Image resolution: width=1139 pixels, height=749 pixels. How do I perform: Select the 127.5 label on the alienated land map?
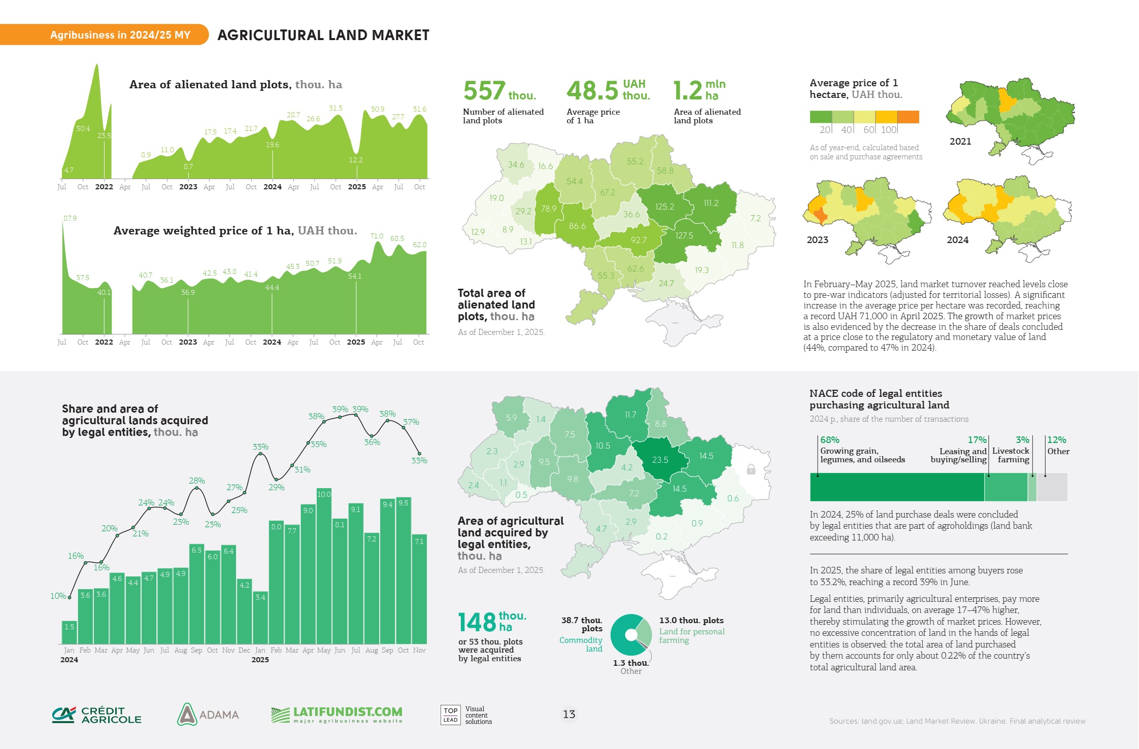[x=684, y=235]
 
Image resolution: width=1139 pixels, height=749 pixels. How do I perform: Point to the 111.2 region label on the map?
[x=711, y=203]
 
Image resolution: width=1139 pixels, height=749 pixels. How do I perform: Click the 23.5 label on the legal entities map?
[x=660, y=460]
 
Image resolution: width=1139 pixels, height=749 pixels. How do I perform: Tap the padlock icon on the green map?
[x=751, y=469]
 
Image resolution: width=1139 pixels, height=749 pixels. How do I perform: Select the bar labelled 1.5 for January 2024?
[x=70, y=632]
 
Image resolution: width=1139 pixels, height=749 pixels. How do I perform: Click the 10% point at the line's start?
[x=70, y=597]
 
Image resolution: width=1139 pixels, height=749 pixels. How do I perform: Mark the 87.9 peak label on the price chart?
[x=70, y=218]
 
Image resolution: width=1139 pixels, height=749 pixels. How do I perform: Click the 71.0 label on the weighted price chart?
[x=377, y=236]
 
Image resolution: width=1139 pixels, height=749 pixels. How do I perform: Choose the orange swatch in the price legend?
[x=908, y=117]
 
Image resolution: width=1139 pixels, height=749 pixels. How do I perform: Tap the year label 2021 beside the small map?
[x=960, y=142]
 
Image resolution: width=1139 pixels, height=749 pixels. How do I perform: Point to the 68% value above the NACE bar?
[x=830, y=440]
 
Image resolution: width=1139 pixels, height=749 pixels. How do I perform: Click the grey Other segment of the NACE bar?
[x=1052, y=487]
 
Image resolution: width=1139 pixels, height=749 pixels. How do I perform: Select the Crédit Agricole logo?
[x=97, y=714]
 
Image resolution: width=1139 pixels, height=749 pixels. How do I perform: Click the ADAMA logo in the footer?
[x=208, y=714]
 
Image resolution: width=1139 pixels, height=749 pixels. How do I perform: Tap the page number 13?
[x=569, y=714]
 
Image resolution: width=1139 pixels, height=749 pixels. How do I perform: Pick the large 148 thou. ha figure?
[x=492, y=622]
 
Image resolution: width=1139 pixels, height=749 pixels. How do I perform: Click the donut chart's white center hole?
[x=631, y=634]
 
